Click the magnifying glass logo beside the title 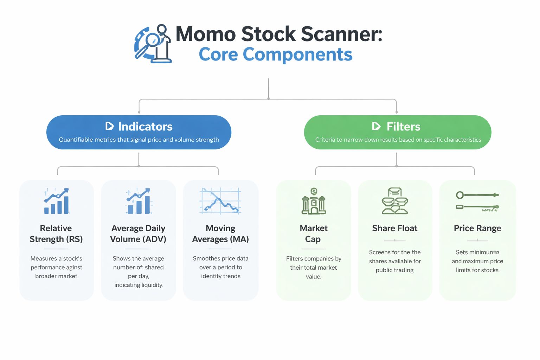[x=153, y=44]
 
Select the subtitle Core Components [x=275, y=54]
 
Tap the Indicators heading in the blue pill [x=145, y=127]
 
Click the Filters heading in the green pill [x=403, y=127]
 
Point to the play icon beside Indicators [x=109, y=126]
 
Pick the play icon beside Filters [x=376, y=126]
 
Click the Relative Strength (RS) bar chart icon [x=57, y=201]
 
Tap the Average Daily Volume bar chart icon [x=139, y=201]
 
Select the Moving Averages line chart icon [x=220, y=201]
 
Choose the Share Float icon [x=395, y=201]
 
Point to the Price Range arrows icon [x=477, y=201]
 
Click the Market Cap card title [x=313, y=233]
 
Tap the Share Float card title [x=395, y=228]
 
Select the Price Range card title [x=477, y=228]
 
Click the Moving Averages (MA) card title [x=220, y=233]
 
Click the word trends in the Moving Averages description [x=231, y=276]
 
